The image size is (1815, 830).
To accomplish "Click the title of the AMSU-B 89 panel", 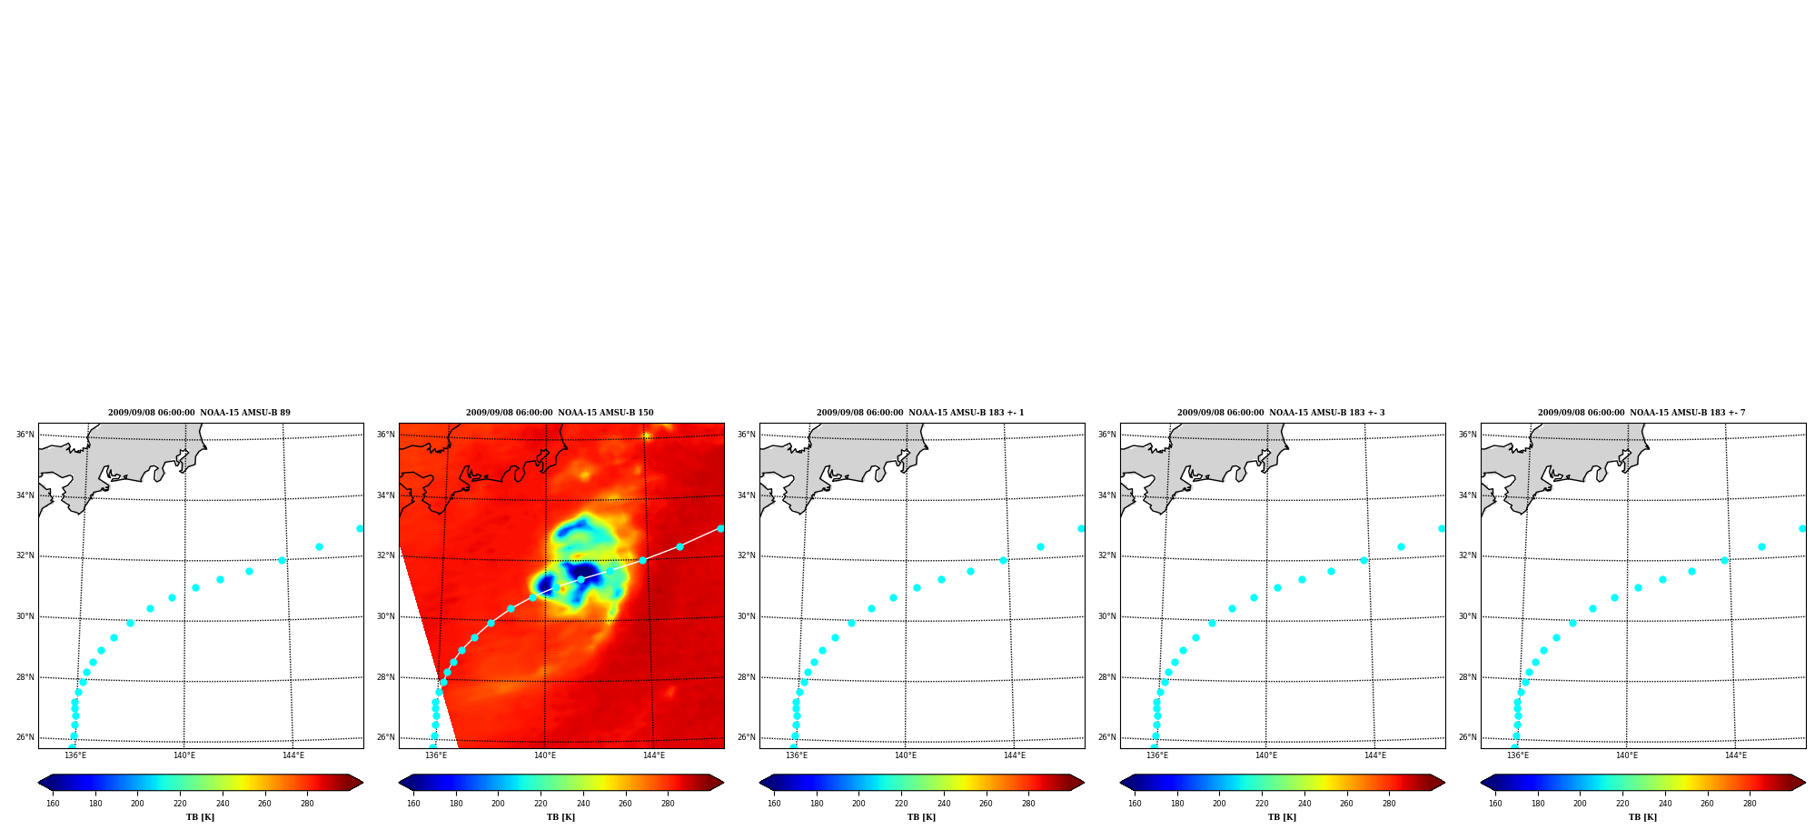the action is coord(199,413).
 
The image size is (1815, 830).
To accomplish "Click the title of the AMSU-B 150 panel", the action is coord(560,413).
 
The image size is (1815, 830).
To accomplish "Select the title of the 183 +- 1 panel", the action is coord(920,413).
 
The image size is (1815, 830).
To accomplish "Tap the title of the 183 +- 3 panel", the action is coord(1281,413).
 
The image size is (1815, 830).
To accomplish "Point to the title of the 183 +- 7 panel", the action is coord(1641,413).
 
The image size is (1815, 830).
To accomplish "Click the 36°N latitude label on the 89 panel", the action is coord(25,435).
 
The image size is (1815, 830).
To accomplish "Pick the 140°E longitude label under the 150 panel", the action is coord(544,755).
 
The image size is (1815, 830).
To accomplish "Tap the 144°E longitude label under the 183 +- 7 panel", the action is coord(1735,755).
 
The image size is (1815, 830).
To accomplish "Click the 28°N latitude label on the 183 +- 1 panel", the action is coord(747,677).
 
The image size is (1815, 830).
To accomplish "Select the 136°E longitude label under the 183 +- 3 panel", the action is coord(1156,755).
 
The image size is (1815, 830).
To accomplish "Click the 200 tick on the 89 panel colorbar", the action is coord(137,804).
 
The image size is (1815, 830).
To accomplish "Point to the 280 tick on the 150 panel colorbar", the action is coord(668,804).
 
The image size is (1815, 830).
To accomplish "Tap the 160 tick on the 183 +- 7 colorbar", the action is coord(1495,804).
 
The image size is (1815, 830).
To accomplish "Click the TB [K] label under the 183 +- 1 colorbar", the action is coord(921,817).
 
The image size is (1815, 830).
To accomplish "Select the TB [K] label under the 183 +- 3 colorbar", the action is coord(1282,817).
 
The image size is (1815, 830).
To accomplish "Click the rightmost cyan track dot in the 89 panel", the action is coord(360,528).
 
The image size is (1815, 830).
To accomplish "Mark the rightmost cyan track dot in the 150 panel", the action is coord(720,528).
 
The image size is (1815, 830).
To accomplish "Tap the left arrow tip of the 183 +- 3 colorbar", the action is coord(1121,783).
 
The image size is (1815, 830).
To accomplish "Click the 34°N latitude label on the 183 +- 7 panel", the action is coord(1468,495).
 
